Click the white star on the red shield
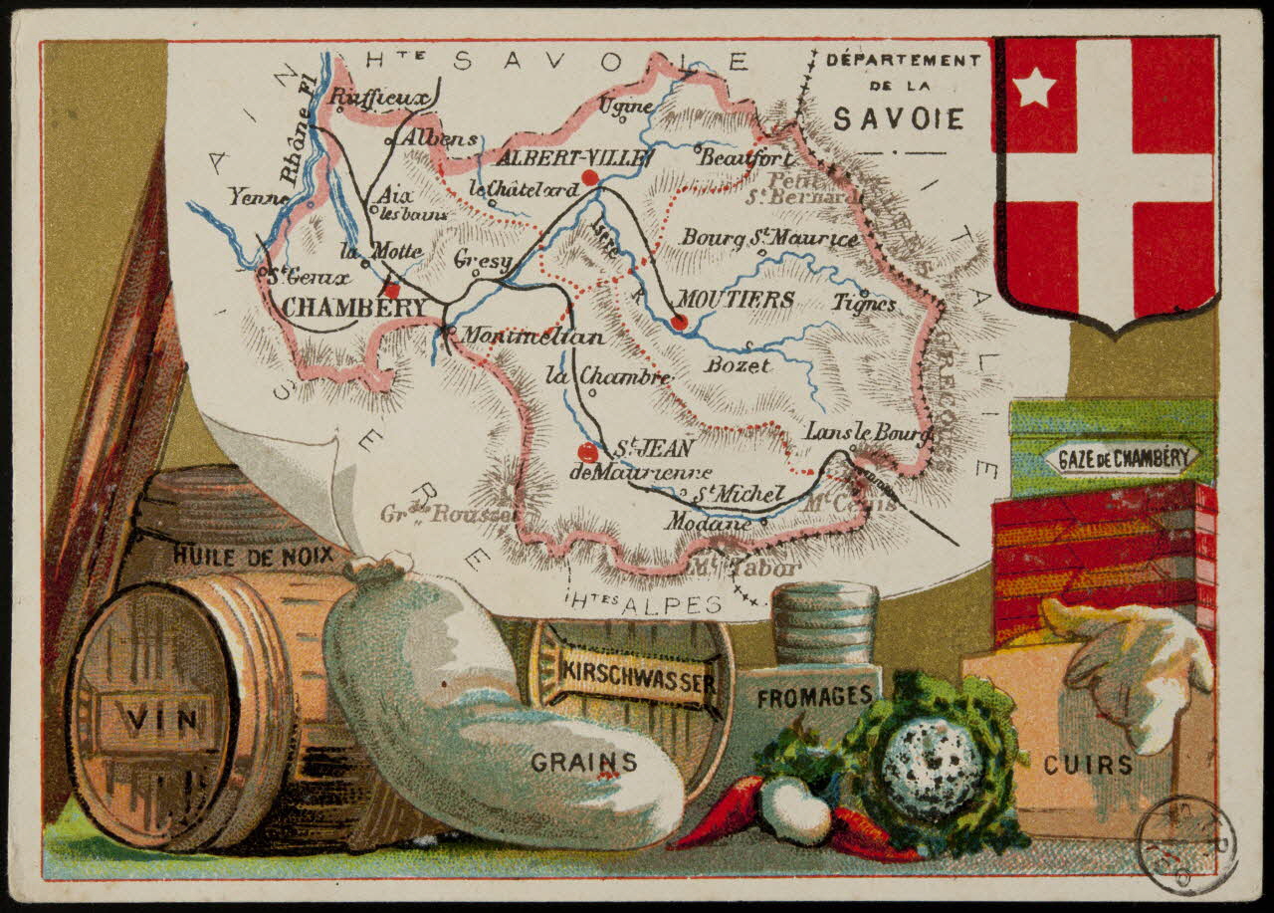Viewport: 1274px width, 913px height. [1034, 89]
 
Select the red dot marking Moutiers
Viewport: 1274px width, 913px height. [679, 322]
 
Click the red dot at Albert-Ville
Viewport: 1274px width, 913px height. [589, 177]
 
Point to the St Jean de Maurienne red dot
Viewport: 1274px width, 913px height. [588, 451]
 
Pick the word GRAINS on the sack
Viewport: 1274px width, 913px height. [583, 763]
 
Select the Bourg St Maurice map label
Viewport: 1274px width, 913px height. [768, 239]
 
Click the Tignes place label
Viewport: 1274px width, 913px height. [865, 304]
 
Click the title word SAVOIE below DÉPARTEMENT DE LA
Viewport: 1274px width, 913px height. [898, 119]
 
